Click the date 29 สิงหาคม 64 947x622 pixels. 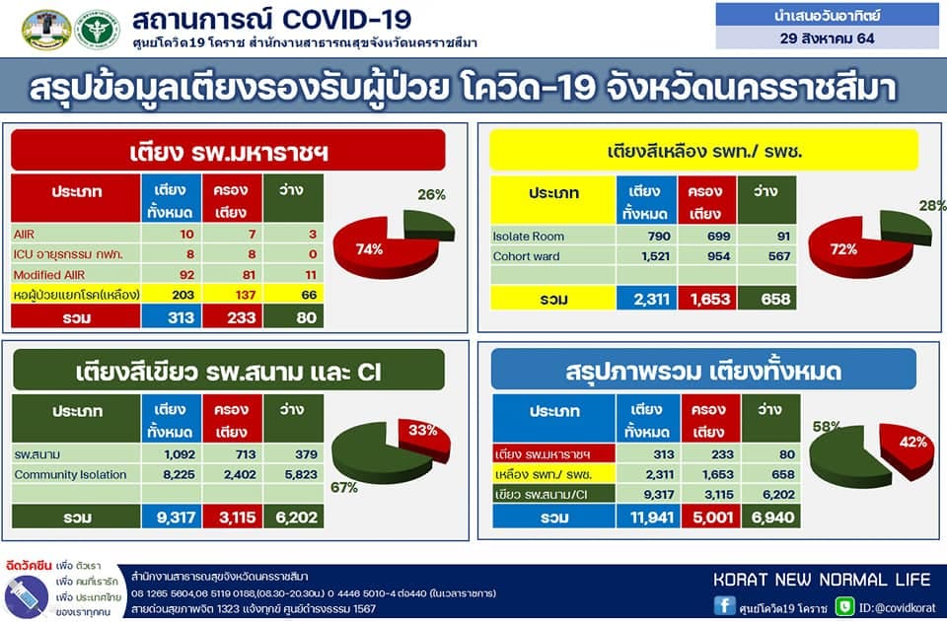827,38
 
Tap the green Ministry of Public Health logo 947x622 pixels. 98,29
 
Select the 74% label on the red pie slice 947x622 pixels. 369,249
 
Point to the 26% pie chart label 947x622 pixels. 431,195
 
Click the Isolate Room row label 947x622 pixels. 529,237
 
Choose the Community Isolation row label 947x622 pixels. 71,475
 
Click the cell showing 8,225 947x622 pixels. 179,475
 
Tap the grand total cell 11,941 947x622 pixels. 651,518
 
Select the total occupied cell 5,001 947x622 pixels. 712,518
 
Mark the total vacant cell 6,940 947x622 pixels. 772,518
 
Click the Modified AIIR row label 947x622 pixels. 49,275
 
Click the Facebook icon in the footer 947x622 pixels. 725,605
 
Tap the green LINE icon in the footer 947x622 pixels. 845,606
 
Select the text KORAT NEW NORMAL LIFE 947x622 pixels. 822,580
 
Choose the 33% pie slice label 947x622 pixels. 423,430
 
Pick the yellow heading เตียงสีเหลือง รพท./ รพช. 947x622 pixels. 704,151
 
